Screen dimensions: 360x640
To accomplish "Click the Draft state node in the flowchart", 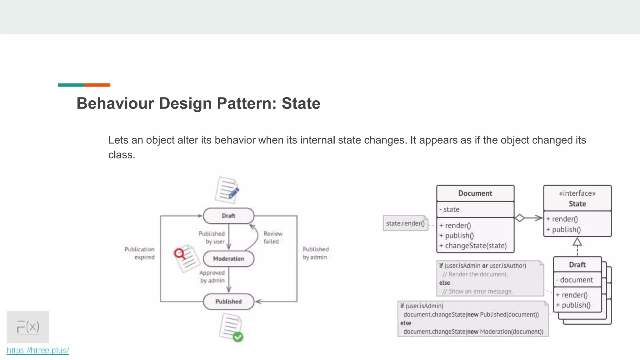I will pyautogui.click(x=228, y=216).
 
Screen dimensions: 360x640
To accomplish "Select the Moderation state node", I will pyautogui.click(x=228, y=259).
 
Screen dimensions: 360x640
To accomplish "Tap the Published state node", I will pyautogui.click(x=228, y=302).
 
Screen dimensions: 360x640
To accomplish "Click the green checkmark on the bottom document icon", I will pyautogui.click(x=238, y=337).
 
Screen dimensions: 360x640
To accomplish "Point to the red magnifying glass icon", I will pyautogui.click(x=180, y=253).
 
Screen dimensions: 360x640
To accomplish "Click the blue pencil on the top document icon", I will pyautogui.click(x=234, y=192).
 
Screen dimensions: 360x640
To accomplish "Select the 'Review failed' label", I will pyautogui.click(x=272, y=237).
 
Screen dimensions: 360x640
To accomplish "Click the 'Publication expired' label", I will pyautogui.click(x=140, y=253).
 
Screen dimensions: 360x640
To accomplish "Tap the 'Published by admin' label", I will pyautogui.click(x=315, y=253).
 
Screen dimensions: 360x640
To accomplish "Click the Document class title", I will pyautogui.click(x=475, y=193).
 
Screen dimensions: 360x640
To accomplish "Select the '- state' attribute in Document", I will pyautogui.click(x=450, y=209).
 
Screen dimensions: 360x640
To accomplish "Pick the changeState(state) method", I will pyautogui.click(x=473, y=246).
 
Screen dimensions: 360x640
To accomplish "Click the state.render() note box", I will pyautogui.click(x=405, y=223).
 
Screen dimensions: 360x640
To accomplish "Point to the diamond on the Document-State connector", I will pyautogui.click(x=519, y=218).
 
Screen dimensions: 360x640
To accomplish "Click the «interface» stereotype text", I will pyautogui.click(x=577, y=193).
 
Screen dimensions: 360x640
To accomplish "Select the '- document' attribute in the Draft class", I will pyautogui.click(x=575, y=280).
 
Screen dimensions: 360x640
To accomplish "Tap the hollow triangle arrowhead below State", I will pyautogui.click(x=577, y=242).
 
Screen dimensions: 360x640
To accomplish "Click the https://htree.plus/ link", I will pyautogui.click(x=38, y=351).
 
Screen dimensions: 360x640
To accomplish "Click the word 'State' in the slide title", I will pyautogui.click(x=301, y=103).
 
